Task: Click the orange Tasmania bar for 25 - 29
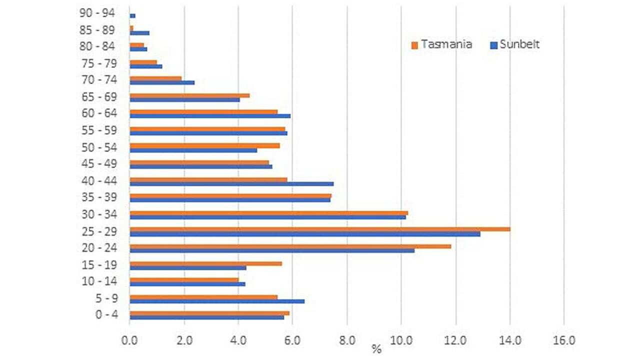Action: click(320, 229)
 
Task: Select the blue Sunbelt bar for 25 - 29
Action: click(305, 234)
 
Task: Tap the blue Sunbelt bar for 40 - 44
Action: click(231, 183)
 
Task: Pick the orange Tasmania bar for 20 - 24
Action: click(290, 246)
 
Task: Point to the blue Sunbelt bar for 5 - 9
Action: click(217, 301)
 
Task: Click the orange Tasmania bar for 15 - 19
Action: click(205, 263)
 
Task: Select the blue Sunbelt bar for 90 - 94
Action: click(132, 16)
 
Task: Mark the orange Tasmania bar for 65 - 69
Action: click(189, 95)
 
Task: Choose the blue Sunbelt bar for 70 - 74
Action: click(162, 82)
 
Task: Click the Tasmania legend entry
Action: click(441, 44)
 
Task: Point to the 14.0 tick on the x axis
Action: click(509, 340)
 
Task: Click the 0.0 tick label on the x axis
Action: click(130, 340)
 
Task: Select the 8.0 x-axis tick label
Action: click(347, 340)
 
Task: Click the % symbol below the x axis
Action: click(376, 349)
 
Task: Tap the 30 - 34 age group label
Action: click(98, 214)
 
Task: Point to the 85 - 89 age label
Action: click(98, 30)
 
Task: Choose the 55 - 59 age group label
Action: click(98, 130)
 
